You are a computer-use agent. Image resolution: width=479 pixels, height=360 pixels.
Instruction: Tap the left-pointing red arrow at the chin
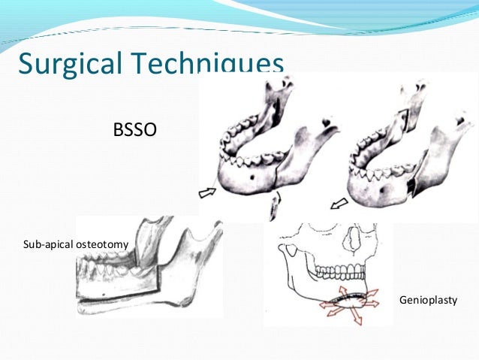[x=324, y=305]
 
